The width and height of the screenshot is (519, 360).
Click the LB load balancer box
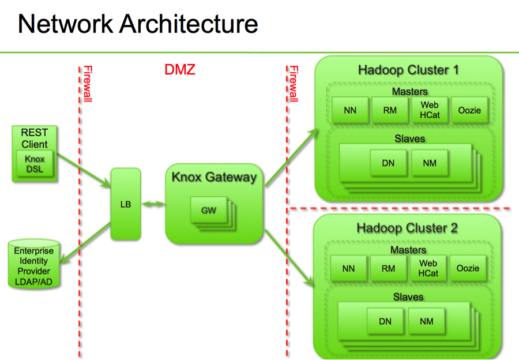point(126,204)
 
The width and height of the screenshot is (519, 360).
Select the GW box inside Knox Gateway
point(208,211)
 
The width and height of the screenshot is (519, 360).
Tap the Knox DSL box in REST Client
point(35,164)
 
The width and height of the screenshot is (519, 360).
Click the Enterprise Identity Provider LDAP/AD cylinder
point(33,266)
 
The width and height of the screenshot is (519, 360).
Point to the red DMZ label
point(180,70)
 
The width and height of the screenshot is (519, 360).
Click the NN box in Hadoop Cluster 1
point(349,110)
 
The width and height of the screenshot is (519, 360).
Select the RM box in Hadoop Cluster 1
point(389,110)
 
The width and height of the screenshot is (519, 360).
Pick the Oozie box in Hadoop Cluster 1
point(469,110)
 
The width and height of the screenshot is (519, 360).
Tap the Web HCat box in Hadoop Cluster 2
point(428,268)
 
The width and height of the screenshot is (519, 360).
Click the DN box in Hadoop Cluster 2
point(385,321)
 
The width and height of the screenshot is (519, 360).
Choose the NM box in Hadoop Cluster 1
point(430,163)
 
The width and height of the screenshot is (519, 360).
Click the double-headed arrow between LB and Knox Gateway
point(153,204)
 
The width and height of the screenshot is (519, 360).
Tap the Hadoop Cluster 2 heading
point(407,227)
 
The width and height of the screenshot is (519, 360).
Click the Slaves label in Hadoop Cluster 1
point(409,138)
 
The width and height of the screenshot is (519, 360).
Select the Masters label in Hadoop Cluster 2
point(408,250)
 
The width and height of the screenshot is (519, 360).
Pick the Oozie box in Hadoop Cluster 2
point(468,268)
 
